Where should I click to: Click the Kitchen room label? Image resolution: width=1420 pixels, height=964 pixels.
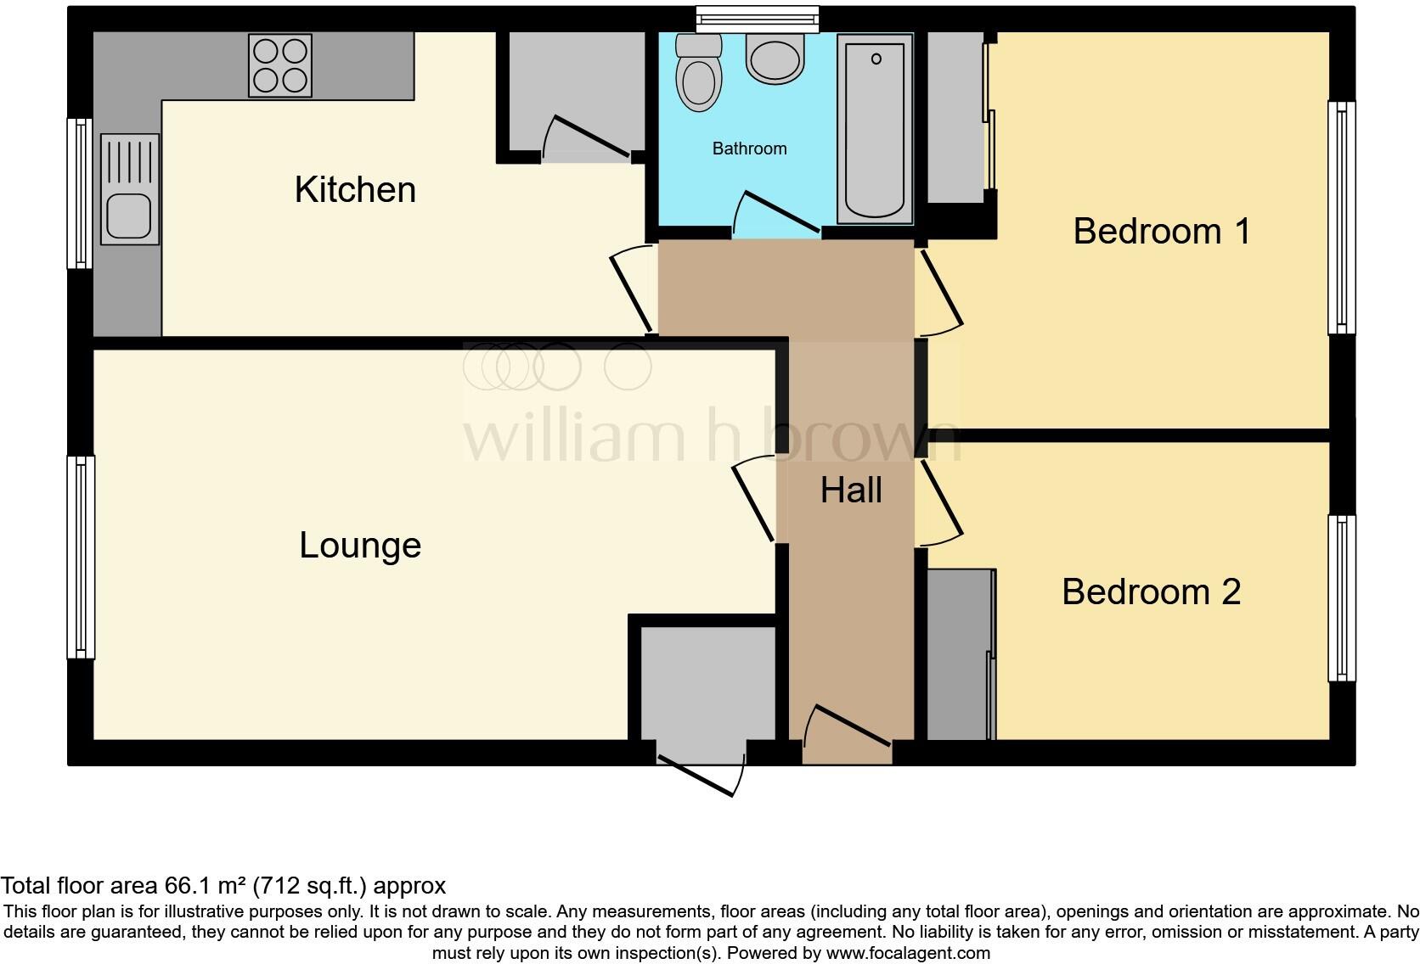tap(355, 189)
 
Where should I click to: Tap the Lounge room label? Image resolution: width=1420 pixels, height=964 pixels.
tap(360, 545)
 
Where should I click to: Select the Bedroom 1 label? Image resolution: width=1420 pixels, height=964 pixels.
tap(1161, 231)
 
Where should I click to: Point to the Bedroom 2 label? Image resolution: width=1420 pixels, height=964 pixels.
tap(1151, 591)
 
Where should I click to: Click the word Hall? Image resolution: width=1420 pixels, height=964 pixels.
tap(851, 490)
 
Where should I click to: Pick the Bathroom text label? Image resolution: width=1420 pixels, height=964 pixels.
tap(749, 149)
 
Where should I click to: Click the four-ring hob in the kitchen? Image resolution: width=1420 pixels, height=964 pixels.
tap(280, 65)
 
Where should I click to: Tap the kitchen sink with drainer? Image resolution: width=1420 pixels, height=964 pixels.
tap(129, 190)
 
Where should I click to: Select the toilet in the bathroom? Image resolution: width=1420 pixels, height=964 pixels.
tap(699, 73)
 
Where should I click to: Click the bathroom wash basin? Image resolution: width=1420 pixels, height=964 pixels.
tap(775, 59)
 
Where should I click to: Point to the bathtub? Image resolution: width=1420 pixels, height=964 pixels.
tap(874, 127)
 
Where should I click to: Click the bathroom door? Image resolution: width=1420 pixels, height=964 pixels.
tap(777, 213)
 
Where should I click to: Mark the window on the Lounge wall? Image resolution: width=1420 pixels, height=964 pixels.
tap(81, 557)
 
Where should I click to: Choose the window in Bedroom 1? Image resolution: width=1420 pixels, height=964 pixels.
tap(1341, 218)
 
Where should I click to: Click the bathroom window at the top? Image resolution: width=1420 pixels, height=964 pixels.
tap(757, 19)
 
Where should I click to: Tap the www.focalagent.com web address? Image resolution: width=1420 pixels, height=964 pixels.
tap(908, 953)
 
